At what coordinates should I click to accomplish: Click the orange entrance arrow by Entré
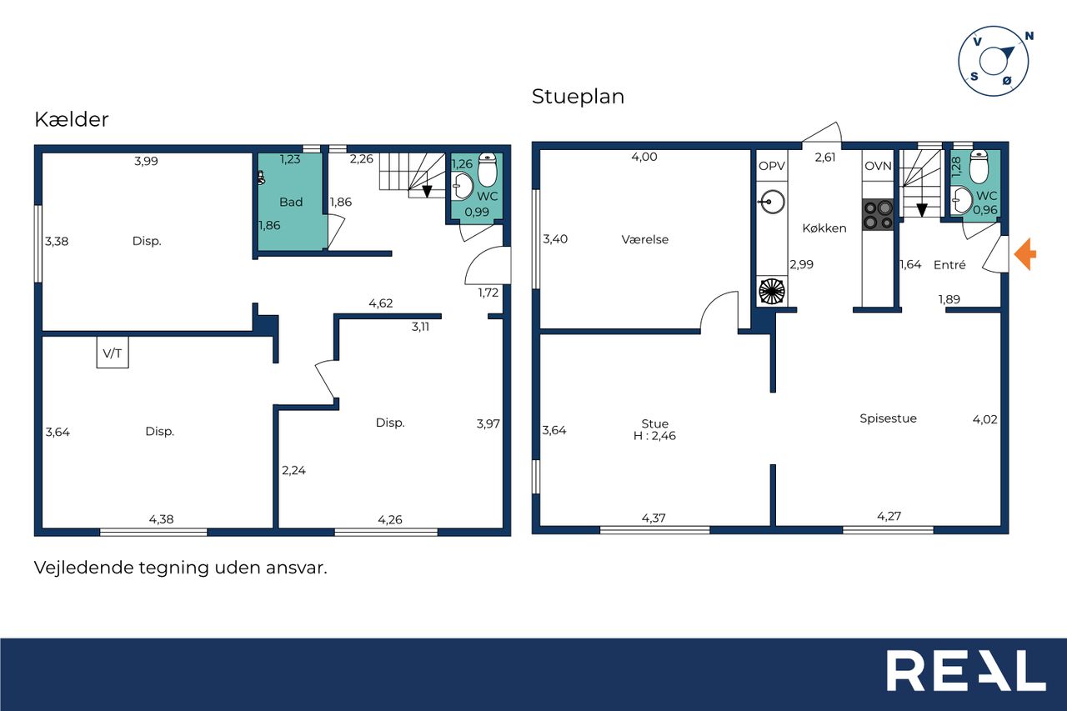click(x=1025, y=254)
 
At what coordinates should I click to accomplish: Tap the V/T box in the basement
click(x=113, y=353)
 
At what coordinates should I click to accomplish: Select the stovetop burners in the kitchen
click(x=879, y=215)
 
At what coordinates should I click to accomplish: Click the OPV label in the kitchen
click(x=772, y=166)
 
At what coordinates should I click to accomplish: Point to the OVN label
click(x=878, y=166)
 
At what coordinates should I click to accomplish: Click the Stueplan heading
click(x=578, y=97)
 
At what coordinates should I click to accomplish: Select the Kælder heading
click(x=72, y=119)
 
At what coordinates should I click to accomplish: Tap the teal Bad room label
click(x=291, y=202)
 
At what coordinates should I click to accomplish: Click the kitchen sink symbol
click(x=771, y=203)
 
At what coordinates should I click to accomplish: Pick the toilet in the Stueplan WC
click(x=979, y=166)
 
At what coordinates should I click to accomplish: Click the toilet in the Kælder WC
click(x=488, y=169)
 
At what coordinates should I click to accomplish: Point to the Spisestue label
click(x=888, y=418)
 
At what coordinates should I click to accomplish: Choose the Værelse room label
click(x=645, y=239)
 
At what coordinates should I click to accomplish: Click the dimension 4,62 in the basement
click(x=381, y=303)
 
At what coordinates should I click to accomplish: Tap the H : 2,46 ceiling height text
click(x=654, y=436)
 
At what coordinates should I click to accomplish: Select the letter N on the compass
click(x=1029, y=36)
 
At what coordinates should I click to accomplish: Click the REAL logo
click(x=966, y=670)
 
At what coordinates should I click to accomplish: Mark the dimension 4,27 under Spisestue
click(x=889, y=516)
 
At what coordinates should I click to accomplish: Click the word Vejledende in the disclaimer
click(x=84, y=568)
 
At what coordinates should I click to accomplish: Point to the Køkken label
click(x=824, y=228)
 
